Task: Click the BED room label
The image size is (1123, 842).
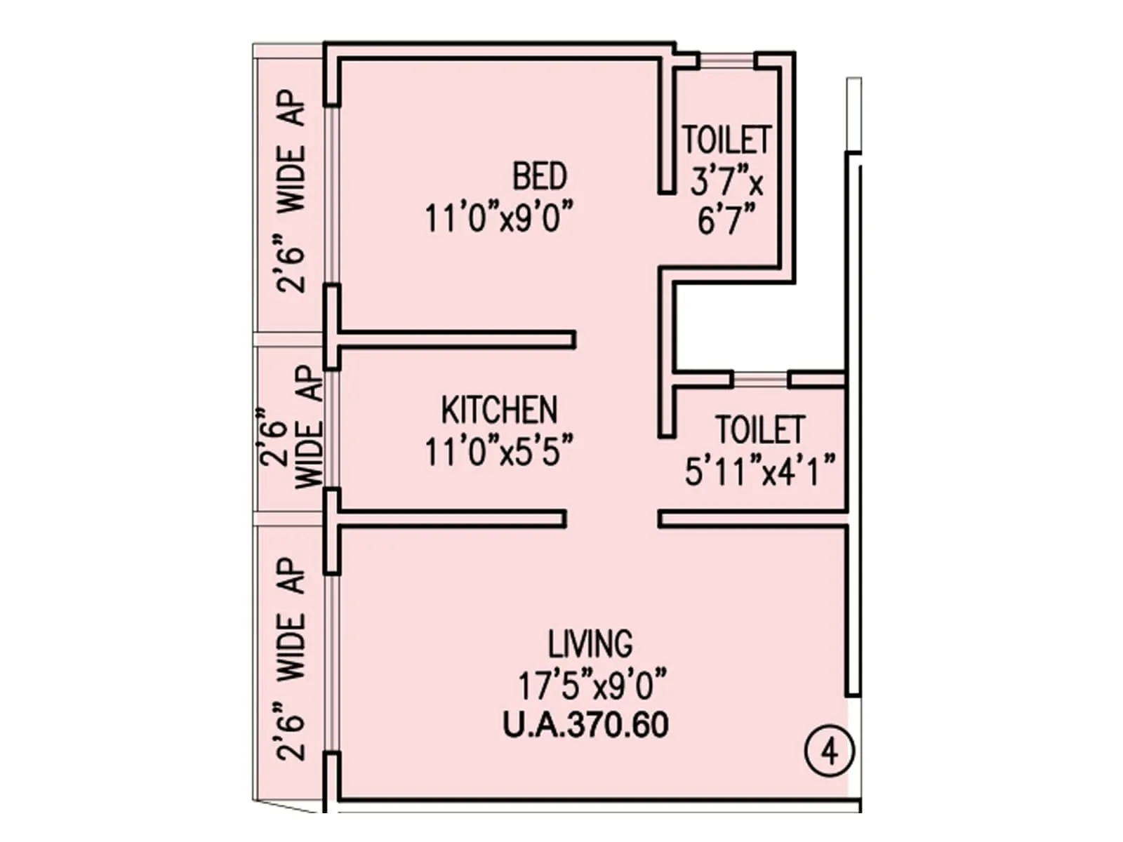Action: tap(539, 176)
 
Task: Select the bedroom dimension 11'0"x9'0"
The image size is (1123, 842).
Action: tap(499, 218)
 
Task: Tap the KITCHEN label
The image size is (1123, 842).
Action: tap(499, 410)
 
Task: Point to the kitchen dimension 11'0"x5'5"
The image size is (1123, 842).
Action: tap(499, 451)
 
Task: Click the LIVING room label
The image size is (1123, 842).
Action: tap(590, 643)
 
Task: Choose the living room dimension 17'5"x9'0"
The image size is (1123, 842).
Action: tap(592, 685)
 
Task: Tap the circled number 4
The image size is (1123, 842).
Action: tap(830, 752)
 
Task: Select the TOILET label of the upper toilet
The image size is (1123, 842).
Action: tap(727, 140)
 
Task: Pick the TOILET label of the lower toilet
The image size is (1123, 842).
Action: tap(759, 429)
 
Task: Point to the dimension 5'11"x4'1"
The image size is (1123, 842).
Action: tap(760, 471)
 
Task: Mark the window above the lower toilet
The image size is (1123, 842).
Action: tap(761, 380)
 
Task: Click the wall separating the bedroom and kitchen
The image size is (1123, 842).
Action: tap(456, 340)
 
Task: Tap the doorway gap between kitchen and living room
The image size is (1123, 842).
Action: tap(611, 519)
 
